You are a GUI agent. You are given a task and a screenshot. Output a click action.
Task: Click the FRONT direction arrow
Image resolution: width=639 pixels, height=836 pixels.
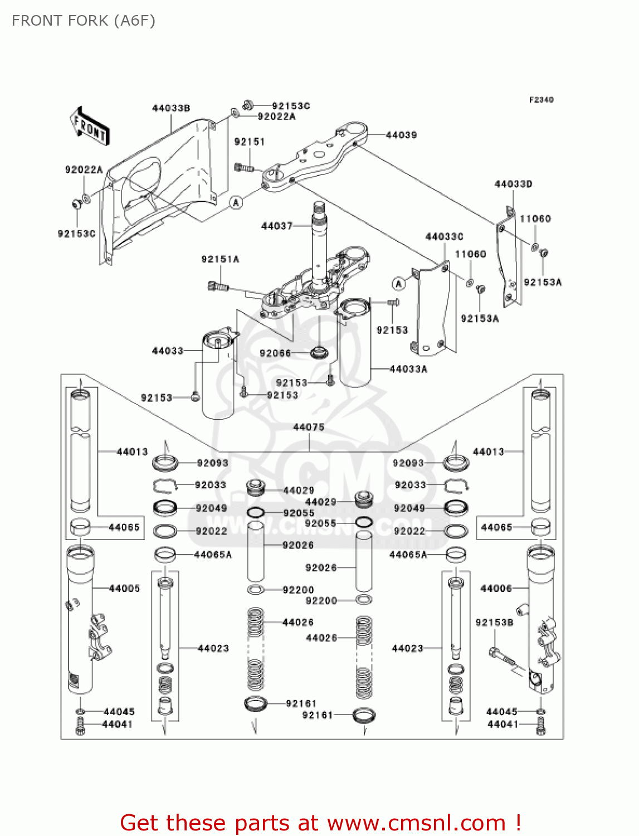tap(90, 127)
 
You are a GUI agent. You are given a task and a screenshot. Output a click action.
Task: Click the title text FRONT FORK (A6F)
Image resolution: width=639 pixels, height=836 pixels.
tap(84, 21)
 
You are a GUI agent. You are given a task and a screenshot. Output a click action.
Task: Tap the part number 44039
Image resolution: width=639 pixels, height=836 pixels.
tap(401, 135)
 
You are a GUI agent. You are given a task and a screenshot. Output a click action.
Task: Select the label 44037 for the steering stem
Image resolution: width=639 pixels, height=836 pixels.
tap(277, 226)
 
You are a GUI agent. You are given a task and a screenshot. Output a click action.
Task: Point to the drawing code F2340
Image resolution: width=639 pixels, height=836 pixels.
tap(541, 100)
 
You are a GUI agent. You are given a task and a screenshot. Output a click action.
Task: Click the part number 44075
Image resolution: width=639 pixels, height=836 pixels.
tap(309, 427)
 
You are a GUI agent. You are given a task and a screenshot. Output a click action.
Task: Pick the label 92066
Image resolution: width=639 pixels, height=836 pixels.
tap(275, 353)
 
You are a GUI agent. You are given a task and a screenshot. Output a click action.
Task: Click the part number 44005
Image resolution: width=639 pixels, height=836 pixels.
tap(124, 588)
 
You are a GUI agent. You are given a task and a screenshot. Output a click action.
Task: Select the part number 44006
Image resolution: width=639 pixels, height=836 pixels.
tap(496, 588)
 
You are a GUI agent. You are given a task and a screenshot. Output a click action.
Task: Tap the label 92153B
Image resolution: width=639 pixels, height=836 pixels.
tap(494, 623)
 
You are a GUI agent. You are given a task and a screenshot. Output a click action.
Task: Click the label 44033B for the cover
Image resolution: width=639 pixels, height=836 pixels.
tap(171, 108)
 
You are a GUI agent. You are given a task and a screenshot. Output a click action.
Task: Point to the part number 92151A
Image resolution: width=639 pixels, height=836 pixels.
tap(220, 259)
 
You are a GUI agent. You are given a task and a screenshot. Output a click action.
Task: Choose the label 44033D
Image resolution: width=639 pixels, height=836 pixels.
tap(513, 184)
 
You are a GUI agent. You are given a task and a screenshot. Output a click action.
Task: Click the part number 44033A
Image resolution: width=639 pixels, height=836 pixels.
tap(408, 369)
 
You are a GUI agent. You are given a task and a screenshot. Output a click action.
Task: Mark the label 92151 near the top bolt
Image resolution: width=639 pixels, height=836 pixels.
tap(249, 142)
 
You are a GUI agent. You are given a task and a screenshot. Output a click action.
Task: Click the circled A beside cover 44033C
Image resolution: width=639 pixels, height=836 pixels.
tap(398, 284)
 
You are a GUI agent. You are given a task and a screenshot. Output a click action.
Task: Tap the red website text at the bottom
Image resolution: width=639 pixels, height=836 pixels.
tap(320, 823)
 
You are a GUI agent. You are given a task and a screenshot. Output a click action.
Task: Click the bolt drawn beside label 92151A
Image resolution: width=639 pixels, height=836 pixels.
tap(217, 286)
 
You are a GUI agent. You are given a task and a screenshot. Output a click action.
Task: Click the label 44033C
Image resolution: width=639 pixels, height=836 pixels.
tap(444, 237)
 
